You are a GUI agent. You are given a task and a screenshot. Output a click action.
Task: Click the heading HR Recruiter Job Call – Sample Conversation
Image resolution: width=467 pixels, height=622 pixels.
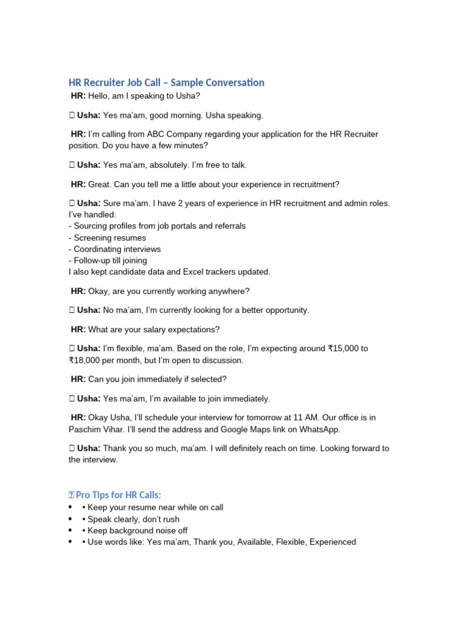coord(167,83)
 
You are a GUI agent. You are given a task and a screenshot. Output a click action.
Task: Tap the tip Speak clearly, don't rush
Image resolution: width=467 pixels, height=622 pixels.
coord(133,519)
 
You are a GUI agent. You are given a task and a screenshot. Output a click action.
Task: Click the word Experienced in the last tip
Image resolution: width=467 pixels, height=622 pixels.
coord(333,542)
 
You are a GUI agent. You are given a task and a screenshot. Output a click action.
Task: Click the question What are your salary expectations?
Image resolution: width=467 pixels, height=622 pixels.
coord(154,329)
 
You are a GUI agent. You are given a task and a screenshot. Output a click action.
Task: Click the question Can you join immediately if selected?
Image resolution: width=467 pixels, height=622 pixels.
coord(157,379)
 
